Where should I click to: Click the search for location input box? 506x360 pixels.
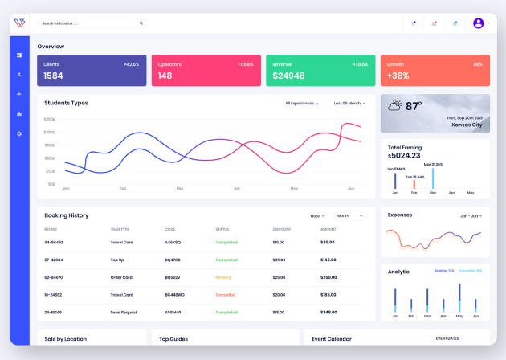point(88,23)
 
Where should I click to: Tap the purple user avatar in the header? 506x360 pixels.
point(479,23)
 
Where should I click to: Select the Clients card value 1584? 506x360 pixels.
point(53,76)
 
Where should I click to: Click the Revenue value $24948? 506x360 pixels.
point(288,76)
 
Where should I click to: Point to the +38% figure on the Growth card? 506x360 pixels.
point(398,76)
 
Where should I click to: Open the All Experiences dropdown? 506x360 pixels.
point(302,104)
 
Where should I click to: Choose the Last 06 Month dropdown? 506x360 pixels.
point(349,104)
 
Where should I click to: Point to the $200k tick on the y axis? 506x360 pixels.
point(50,132)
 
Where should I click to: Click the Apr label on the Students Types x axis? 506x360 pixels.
point(237,188)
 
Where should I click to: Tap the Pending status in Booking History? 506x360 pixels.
point(224,277)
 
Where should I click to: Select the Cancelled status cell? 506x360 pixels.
point(226,294)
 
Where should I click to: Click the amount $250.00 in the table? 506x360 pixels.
point(328,277)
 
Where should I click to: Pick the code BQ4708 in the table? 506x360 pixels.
point(173,260)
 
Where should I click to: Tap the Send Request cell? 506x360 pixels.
point(124,312)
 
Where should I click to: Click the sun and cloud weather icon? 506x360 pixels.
point(394,105)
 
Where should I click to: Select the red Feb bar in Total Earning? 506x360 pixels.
point(414,183)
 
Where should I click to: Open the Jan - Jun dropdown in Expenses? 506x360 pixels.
point(471,215)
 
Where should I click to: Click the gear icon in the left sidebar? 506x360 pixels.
point(19,133)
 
